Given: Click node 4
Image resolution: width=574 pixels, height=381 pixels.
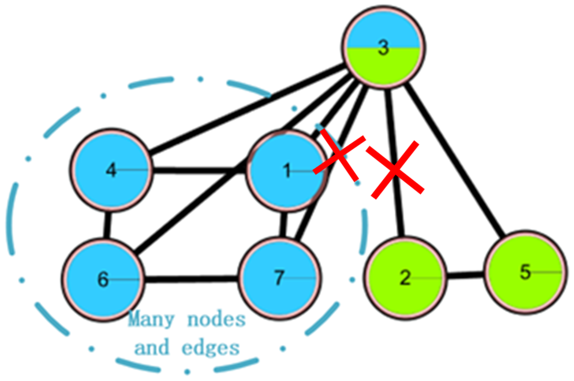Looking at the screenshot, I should [111, 170].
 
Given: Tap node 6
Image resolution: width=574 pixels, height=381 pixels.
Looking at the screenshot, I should [103, 280].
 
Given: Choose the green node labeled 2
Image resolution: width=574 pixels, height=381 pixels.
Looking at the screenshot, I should [405, 278].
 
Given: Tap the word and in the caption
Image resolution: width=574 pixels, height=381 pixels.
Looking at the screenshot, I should [152, 348].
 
